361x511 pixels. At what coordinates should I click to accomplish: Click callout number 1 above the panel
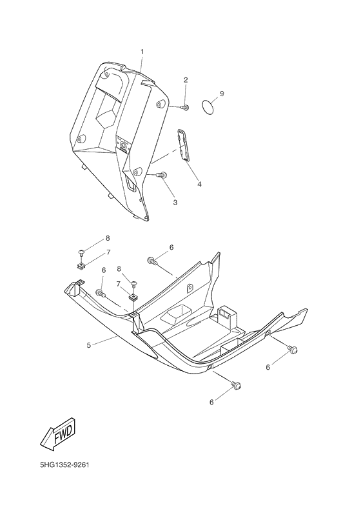click(142, 51)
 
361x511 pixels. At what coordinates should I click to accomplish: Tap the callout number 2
click(186, 80)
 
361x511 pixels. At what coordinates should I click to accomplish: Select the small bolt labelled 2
click(185, 106)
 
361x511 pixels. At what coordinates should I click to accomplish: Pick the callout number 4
click(199, 185)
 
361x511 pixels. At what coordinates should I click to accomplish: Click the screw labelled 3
click(162, 174)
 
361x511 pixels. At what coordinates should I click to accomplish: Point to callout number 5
click(89, 345)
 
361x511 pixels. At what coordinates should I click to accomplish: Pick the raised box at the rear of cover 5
click(228, 314)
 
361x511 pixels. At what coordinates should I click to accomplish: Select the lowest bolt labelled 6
click(236, 386)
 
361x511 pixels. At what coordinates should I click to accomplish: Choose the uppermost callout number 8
click(108, 238)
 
